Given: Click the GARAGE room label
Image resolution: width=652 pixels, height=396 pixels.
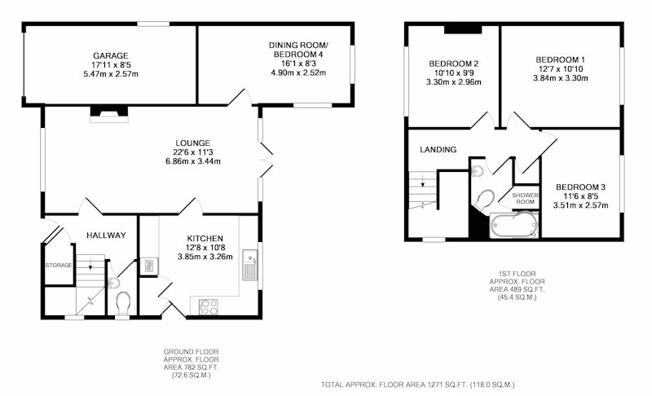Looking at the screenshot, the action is click(x=111, y=55).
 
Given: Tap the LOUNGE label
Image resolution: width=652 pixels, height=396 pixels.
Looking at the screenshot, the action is click(x=192, y=143).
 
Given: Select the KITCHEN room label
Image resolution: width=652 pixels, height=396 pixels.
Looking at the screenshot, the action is click(x=205, y=239).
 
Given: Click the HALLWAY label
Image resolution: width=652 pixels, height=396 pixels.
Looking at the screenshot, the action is click(x=106, y=235).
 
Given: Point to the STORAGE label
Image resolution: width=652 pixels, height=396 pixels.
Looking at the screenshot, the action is click(x=59, y=265).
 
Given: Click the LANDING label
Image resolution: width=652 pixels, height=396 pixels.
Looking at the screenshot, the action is click(x=438, y=150).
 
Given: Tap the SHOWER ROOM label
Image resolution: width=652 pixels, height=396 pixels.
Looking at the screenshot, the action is click(x=525, y=198).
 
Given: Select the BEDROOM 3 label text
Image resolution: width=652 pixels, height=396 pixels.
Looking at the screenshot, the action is click(x=580, y=187).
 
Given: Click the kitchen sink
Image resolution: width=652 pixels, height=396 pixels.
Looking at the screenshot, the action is click(x=250, y=265).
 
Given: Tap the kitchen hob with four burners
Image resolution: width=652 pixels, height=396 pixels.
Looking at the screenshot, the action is click(x=209, y=306).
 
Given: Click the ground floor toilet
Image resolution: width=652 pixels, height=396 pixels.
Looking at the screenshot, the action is click(x=123, y=302).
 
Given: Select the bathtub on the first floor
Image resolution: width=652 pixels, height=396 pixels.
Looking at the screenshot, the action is click(x=514, y=225).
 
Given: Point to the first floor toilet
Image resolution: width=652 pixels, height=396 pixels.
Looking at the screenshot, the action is click(x=484, y=201).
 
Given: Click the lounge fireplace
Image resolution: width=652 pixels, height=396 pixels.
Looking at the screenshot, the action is click(x=109, y=114).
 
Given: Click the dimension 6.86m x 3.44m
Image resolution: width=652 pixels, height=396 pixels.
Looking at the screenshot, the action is click(x=193, y=161).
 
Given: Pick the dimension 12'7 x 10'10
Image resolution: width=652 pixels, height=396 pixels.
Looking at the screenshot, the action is click(x=561, y=69).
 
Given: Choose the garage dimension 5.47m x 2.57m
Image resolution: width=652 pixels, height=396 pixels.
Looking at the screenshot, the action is click(x=111, y=74).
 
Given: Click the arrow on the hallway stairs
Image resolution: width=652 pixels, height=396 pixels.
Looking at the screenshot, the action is click(x=90, y=264).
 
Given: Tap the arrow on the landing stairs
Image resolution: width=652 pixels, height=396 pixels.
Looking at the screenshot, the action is click(x=423, y=181).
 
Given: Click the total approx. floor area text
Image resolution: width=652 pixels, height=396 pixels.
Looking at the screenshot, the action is click(x=417, y=385).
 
